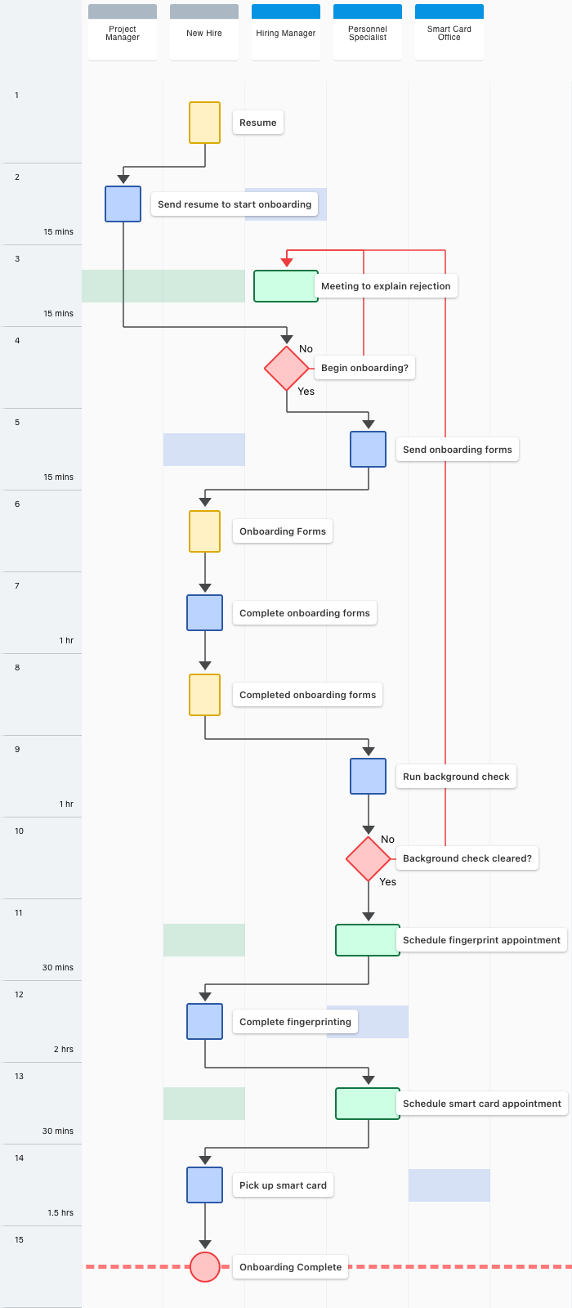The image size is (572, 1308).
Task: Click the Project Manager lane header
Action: coord(123,32)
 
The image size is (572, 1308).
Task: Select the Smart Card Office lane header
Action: coord(449,32)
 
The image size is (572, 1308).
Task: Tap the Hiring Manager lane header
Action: coord(286,32)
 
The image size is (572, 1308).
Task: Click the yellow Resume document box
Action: coord(205,123)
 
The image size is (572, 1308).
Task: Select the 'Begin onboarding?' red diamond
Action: coord(287,368)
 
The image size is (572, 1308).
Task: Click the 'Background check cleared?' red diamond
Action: coord(369,858)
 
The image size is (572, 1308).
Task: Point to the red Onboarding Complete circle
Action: coord(205,1266)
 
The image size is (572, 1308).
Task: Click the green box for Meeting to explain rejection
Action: coord(286,286)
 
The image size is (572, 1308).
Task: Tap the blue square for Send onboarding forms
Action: coord(369,449)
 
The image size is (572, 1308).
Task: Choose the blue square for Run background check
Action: coord(369,776)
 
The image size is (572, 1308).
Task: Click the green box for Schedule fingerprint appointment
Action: coord(368,940)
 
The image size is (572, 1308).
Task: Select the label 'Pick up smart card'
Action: coord(283,1185)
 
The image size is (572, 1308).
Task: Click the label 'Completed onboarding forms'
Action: coord(307,695)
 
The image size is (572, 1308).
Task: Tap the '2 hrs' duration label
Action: coord(64,1050)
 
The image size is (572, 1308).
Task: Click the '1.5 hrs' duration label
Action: coord(60,1213)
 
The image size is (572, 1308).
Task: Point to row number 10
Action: coord(20,831)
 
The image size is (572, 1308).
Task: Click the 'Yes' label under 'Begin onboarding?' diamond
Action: coord(306,392)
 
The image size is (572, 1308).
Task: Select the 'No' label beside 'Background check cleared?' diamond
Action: coord(387,839)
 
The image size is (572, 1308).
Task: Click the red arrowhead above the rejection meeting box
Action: coord(287,262)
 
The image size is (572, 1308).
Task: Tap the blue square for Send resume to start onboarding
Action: coord(123,204)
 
